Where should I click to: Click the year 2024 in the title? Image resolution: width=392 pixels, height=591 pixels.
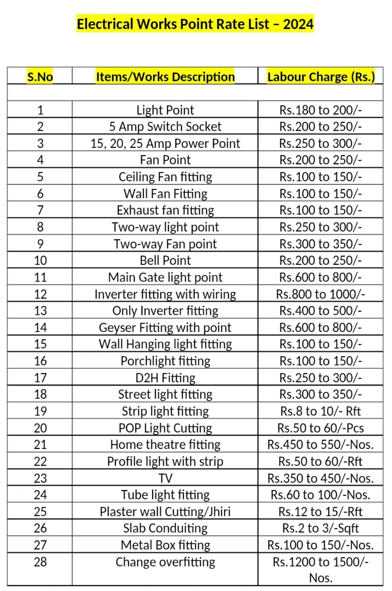click(298, 24)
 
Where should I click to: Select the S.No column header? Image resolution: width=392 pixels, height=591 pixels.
click(40, 77)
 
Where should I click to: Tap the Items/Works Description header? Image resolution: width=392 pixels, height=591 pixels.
click(165, 77)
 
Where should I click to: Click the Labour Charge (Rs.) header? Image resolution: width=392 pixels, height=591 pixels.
click(321, 77)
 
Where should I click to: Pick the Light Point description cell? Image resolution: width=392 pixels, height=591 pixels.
click(165, 110)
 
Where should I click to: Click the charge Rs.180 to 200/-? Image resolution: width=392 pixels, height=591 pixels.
click(321, 110)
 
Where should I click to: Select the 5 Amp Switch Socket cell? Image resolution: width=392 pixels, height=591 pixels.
click(165, 127)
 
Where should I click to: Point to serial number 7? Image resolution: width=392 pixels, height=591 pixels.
click(40, 210)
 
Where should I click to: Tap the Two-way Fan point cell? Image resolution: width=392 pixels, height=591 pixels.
click(165, 244)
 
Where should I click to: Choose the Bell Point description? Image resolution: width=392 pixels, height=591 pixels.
click(165, 260)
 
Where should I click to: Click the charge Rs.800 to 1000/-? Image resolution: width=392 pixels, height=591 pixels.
click(321, 294)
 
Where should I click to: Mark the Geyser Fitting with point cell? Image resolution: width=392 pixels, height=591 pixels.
click(165, 328)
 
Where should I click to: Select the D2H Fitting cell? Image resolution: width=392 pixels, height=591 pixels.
click(165, 378)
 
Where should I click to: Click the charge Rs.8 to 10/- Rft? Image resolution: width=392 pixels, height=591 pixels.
click(321, 411)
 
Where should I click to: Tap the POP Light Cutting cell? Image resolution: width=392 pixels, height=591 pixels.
click(165, 428)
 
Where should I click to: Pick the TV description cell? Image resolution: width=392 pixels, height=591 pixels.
click(165, 478)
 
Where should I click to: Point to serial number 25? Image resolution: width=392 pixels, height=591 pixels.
click(40, 511)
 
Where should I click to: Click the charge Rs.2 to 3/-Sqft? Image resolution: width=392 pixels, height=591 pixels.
click(321, 528)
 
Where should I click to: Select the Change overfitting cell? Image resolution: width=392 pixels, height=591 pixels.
click(165, 562)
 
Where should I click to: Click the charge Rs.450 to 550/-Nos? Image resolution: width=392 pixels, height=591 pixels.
click(321, 444)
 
